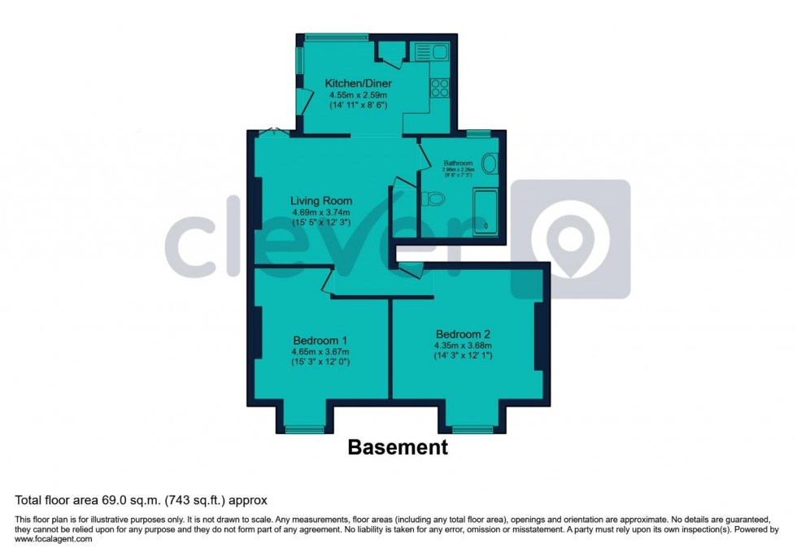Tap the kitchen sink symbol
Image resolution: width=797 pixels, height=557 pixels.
point(431,52)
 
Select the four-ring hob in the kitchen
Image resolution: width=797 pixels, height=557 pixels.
point(440,87)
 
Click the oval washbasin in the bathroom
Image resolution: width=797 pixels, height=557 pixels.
point(490,164)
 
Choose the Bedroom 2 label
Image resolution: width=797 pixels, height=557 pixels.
point(464,334)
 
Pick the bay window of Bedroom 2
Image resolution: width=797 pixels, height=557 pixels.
point(473,429)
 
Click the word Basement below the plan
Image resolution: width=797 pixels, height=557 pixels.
point(398,446)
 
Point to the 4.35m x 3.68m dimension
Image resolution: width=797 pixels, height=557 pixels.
point(464,345)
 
